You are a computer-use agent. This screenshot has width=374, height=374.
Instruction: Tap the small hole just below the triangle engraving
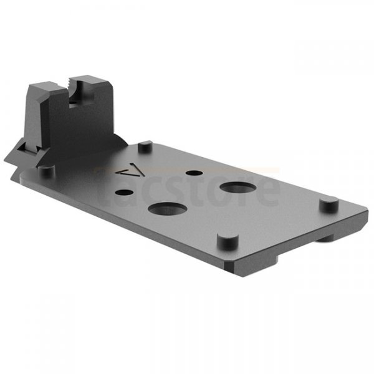coord(130,193)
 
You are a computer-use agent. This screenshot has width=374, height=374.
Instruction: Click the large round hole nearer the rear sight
coord(165,210)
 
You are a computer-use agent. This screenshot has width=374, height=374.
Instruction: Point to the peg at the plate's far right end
coord(325,203)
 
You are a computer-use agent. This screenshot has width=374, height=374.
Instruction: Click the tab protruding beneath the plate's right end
coord(330,240)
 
